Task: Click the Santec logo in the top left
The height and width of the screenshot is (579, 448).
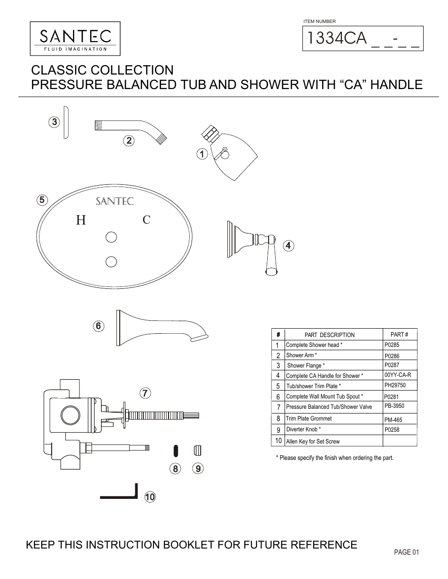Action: (x=75, y=39)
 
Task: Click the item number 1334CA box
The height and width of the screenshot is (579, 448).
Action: (x=363, y=38)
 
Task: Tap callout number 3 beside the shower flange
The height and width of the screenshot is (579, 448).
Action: (x=54, y=122)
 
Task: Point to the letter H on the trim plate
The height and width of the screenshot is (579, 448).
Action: (x=81, y=220)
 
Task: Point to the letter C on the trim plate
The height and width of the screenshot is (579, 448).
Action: (x=147, y=219)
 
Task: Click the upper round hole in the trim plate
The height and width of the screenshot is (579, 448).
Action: (x=111, y=237)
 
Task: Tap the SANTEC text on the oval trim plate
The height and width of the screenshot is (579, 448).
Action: (x=115, y=201)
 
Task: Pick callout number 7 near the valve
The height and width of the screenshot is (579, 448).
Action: (x=146, y=393)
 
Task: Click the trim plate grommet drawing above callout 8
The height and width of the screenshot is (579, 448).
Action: (x=175, y=451)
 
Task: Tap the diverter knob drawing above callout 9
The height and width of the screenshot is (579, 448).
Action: (x=197, y=451)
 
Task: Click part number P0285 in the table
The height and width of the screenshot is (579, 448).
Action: (x=392, y=345)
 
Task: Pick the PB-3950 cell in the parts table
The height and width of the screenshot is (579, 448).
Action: (x=394, y=406)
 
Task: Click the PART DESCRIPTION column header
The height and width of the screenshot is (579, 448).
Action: (x=329, y=335)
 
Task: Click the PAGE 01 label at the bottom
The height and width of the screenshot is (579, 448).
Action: (x=406, y=552)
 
